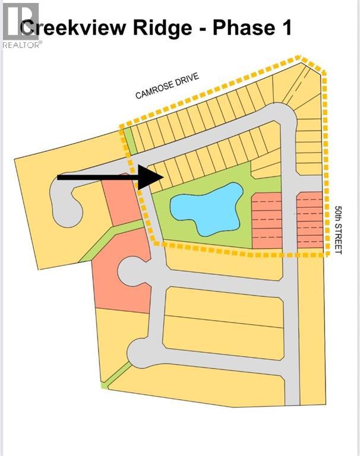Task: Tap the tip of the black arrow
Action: point(162,177)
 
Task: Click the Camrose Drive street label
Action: point(166,85)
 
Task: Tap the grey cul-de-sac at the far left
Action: point(65,202)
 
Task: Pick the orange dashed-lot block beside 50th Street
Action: point(310,220)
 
